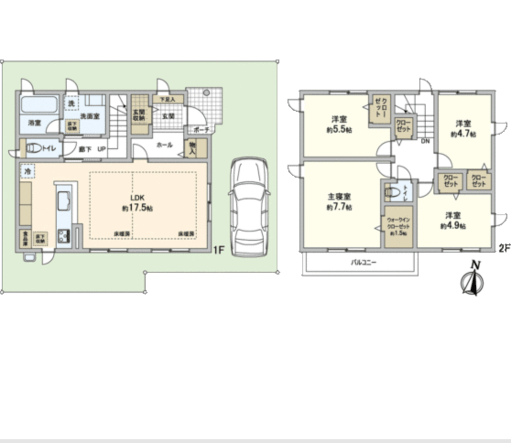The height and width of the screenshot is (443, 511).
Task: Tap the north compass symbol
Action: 473,279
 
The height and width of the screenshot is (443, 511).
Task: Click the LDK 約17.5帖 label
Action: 137,203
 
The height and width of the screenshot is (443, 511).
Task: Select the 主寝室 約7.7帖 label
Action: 339,202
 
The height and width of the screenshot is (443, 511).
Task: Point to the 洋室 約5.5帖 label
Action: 339,124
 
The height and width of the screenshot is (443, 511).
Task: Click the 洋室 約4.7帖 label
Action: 463,129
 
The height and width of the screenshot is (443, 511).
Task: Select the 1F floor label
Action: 218,251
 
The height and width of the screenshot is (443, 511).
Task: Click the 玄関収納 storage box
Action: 140,114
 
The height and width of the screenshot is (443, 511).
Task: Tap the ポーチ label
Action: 201,130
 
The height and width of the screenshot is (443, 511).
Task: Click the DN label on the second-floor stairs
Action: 424,141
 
